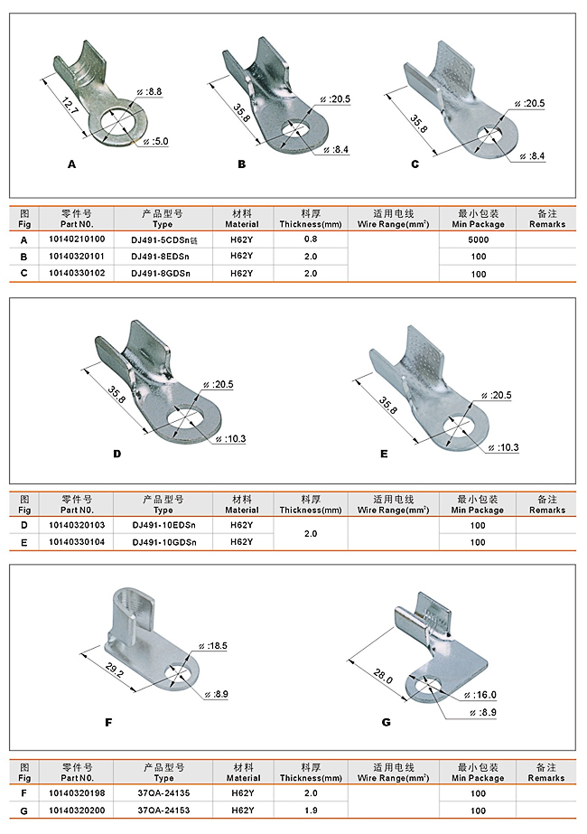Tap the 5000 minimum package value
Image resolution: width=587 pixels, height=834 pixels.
click(x=478, y=239)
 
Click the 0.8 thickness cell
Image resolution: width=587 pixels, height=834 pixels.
click(x=311, y=239)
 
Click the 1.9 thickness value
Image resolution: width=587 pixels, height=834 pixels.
click(x=311, y=811)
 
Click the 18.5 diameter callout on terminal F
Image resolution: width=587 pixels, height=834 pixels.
click(x=216, y=647)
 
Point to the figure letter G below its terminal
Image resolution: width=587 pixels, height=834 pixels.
click(x=386, y=722)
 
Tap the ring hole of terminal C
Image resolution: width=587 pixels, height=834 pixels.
click(x=489, y=136)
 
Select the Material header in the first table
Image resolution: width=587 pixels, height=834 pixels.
click(x=242, y=219)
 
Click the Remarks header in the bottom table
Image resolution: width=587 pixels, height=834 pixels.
click(x=547, y=773)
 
